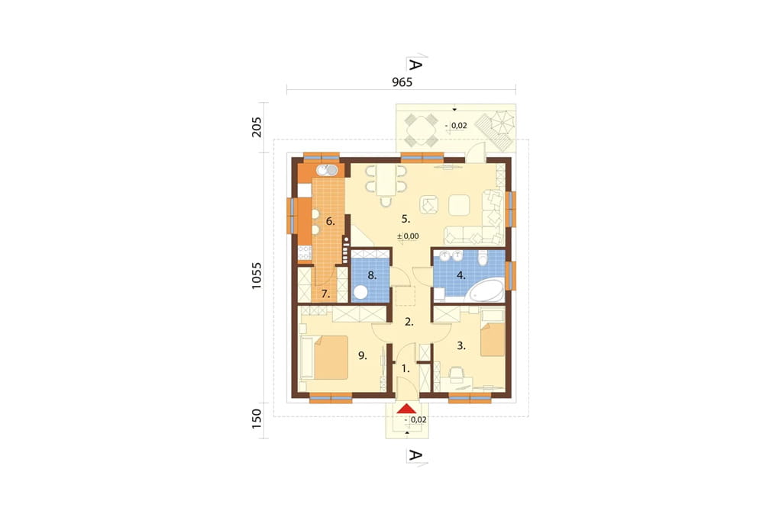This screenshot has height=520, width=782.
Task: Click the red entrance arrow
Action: (x=408, y=409)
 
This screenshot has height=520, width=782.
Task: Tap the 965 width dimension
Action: (x=402, y=82)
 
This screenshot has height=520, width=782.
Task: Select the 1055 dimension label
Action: (x=257, y=276)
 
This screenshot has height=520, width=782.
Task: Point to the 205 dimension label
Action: (x=257, y=127)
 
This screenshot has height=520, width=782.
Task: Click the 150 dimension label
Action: (x=257, y=419)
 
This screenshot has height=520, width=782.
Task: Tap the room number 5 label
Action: (x=406, y=219)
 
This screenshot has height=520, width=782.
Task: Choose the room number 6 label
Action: (x=330, y=221)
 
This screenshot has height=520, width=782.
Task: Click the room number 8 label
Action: (x=372, y=275)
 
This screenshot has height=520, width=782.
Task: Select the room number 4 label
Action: (x=461, y=275)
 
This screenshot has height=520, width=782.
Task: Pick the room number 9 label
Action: (x=363, y=355)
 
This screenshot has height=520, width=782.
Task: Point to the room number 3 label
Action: (x=461, y=345)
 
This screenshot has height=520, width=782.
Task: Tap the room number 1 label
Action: (x=406, y=369)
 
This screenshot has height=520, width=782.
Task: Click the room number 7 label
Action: (x=325, y=294)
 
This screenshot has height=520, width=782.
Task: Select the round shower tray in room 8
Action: (x=360, y=292)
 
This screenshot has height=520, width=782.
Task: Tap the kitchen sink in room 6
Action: (x=327, y=170)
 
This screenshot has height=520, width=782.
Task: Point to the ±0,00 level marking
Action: (x=408, y=236)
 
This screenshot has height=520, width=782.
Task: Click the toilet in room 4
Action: (x=483, y=258)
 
